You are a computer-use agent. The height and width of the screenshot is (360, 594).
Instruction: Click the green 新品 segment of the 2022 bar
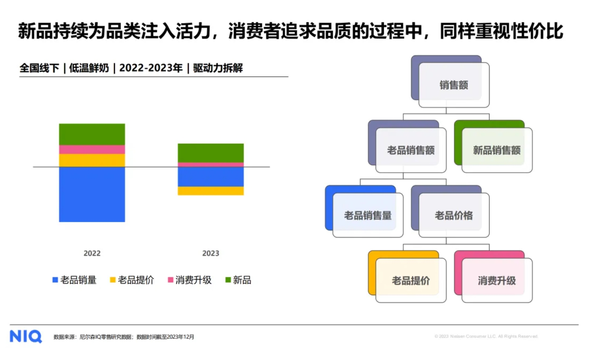[x=92, y=134]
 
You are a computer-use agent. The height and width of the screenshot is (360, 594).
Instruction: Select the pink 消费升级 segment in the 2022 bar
[x=92, y=150]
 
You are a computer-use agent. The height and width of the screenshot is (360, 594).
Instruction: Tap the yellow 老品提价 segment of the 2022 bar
[x=92, y=161]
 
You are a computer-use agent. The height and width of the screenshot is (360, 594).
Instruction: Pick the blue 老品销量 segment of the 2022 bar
[x=92, y=194]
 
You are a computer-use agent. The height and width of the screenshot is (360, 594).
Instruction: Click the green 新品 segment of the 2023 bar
[x=211, y=153]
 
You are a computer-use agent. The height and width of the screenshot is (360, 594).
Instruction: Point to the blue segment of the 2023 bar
[x=211, y=177]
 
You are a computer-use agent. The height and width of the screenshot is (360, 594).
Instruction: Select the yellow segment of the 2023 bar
[x=211, y=191]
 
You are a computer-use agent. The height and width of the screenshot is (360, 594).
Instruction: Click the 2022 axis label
[x=92, y=253]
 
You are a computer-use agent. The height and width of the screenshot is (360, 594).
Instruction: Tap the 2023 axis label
[x=211, y=253]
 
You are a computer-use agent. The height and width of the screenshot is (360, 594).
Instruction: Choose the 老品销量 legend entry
[x=75, y=280]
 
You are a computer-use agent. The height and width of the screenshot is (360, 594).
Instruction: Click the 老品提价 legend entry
[x=132, y=280]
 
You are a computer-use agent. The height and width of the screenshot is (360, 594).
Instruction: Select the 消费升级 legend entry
[x=190, y=280]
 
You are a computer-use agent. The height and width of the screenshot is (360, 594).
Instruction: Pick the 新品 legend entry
[x=238, y=280]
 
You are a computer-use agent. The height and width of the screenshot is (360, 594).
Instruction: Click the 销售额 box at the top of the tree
[x=450, y=82]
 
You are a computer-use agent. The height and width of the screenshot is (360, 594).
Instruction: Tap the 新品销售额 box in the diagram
[x=493, y=146]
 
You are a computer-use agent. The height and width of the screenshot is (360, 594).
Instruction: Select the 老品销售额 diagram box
[x=407, y=146]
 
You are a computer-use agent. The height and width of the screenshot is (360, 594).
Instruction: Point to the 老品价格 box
[x=450, y=211]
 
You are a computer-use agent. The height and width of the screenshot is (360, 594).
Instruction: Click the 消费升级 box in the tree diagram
[x=493, y=277]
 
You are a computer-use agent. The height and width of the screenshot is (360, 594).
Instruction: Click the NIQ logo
[x=26, y=336]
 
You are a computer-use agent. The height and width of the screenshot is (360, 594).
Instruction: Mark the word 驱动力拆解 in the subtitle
[x=218, y=68]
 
